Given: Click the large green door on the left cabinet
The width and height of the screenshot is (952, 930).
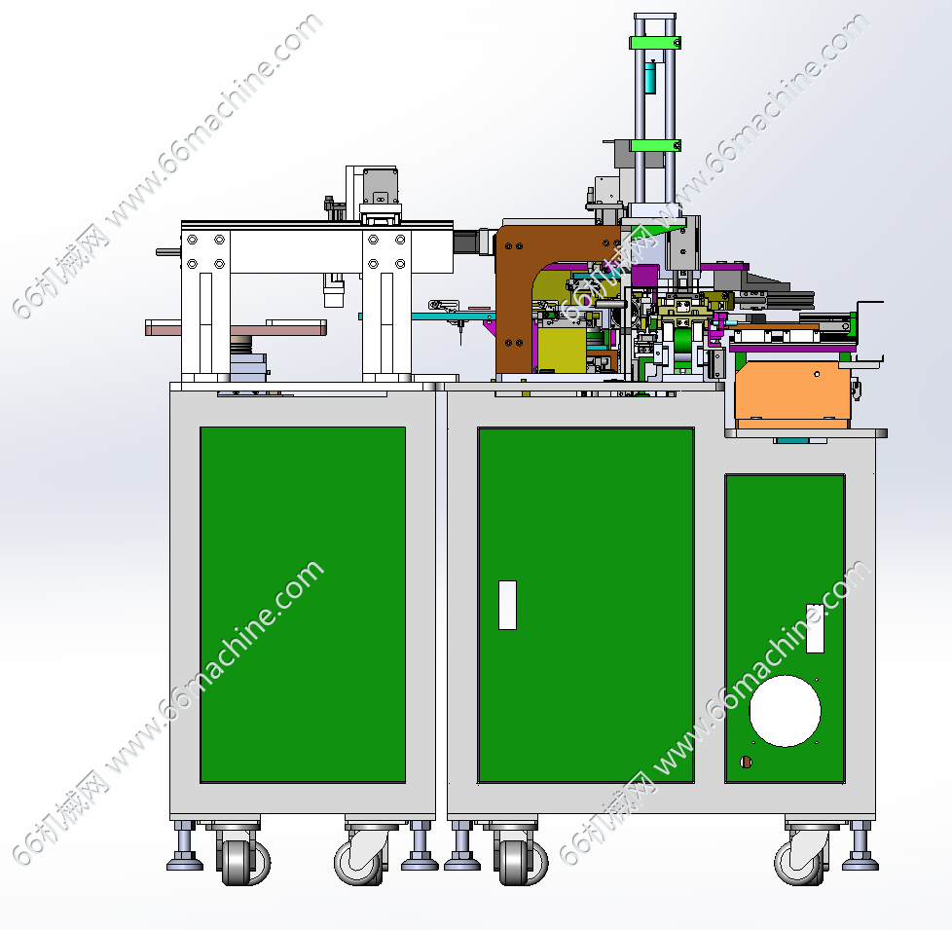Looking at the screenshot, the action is click(x=303, y=605).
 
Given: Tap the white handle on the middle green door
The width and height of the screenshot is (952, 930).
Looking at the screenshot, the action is click(x=507, y=605).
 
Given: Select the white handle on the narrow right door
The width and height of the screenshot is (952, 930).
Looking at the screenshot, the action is click(x=815, y=628).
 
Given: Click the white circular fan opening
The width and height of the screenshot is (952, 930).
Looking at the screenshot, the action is click(x=785, y=711).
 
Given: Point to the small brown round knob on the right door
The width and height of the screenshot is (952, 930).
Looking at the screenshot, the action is click(x=747, y=762).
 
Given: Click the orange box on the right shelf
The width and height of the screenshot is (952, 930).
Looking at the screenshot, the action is click(x=792, y=393).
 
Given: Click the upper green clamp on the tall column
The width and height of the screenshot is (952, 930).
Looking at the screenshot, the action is click(x=654, y=43).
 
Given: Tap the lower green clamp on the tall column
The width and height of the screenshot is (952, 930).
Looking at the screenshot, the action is click(x=654, y=146).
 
